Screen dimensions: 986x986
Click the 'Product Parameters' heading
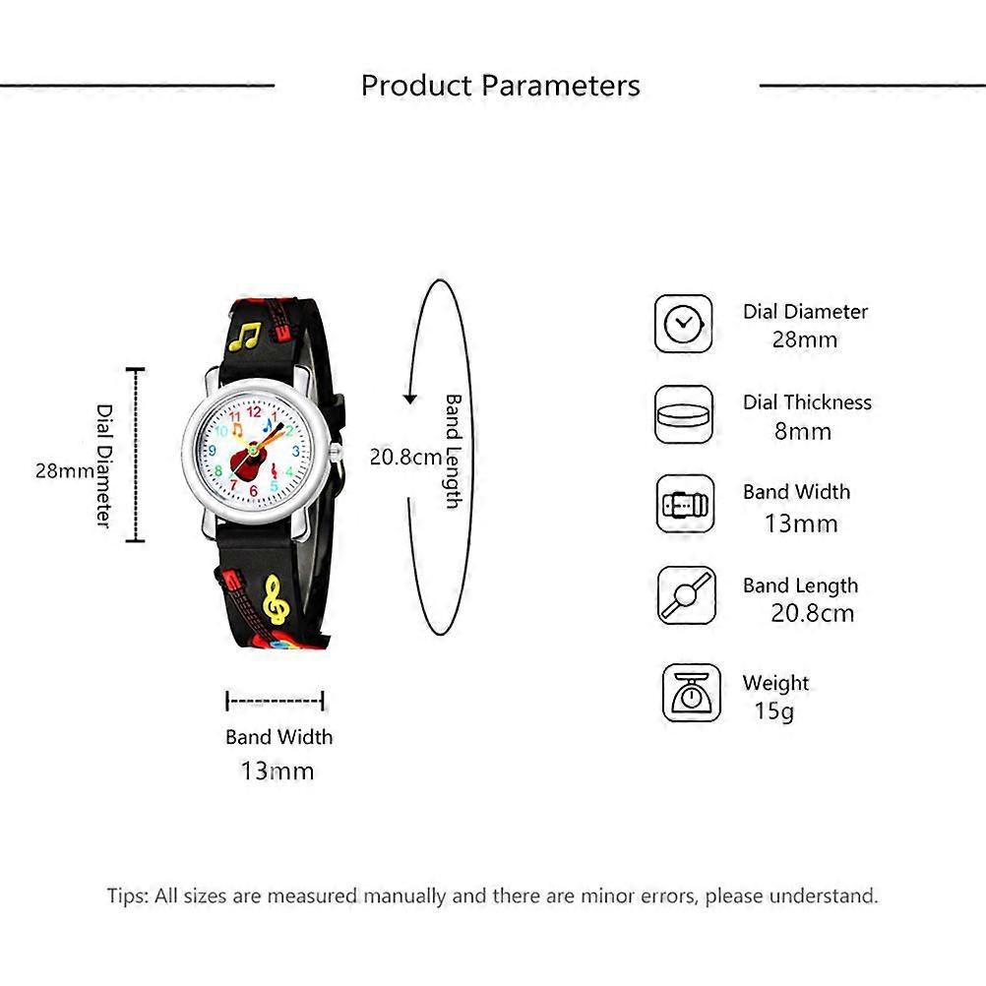click(501, 86)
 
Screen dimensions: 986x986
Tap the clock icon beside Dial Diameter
click(684, 324)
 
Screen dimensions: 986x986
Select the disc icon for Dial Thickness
click(684, 415)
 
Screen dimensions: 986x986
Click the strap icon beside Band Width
click(686, 505)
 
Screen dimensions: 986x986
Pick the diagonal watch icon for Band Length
click(687, 595)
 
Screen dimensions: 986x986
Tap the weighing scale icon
click(691, 693)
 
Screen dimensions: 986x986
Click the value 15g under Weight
click(774, 711)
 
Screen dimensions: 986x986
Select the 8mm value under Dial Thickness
click(802, 431)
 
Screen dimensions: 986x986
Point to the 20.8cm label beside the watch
click(405, 458)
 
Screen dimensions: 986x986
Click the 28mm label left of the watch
click(65, 470)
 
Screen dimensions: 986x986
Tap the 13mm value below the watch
click(277, 770)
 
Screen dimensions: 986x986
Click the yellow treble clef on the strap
click(277, 600)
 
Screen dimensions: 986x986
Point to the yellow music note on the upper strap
click(245, 337)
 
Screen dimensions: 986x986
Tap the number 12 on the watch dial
click(254, 412)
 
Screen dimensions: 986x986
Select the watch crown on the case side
click(336, 451)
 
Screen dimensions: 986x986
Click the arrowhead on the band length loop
click(410, 399)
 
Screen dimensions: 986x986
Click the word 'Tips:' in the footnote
click(128, 895)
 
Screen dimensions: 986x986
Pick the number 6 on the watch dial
click(254, 490)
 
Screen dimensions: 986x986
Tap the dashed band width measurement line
click(275, 701)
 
